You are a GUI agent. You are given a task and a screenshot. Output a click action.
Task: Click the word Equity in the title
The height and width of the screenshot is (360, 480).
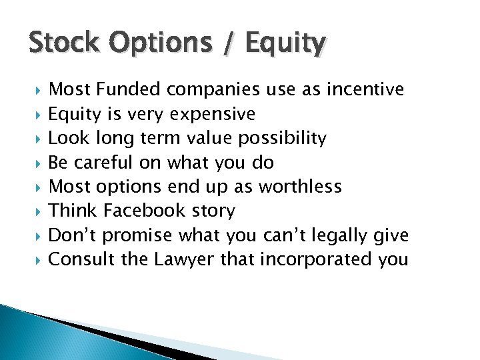[x=285, y=45]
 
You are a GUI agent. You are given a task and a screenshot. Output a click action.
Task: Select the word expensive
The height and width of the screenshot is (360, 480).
[x=213, y=114]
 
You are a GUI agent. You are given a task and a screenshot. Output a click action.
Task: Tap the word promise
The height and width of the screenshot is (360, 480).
[x=137, y=235]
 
